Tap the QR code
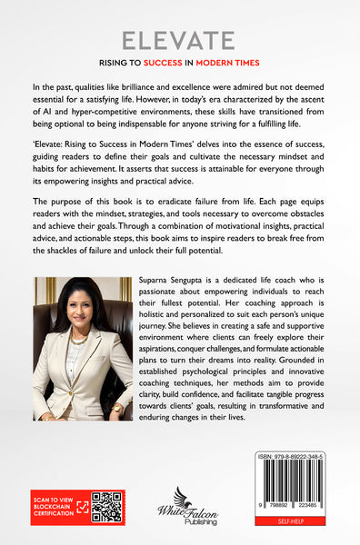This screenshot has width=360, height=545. (x=106, y=507)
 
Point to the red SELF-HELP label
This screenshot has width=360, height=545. (x=295, y=524)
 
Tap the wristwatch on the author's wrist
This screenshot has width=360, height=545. (x=116, y=408)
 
